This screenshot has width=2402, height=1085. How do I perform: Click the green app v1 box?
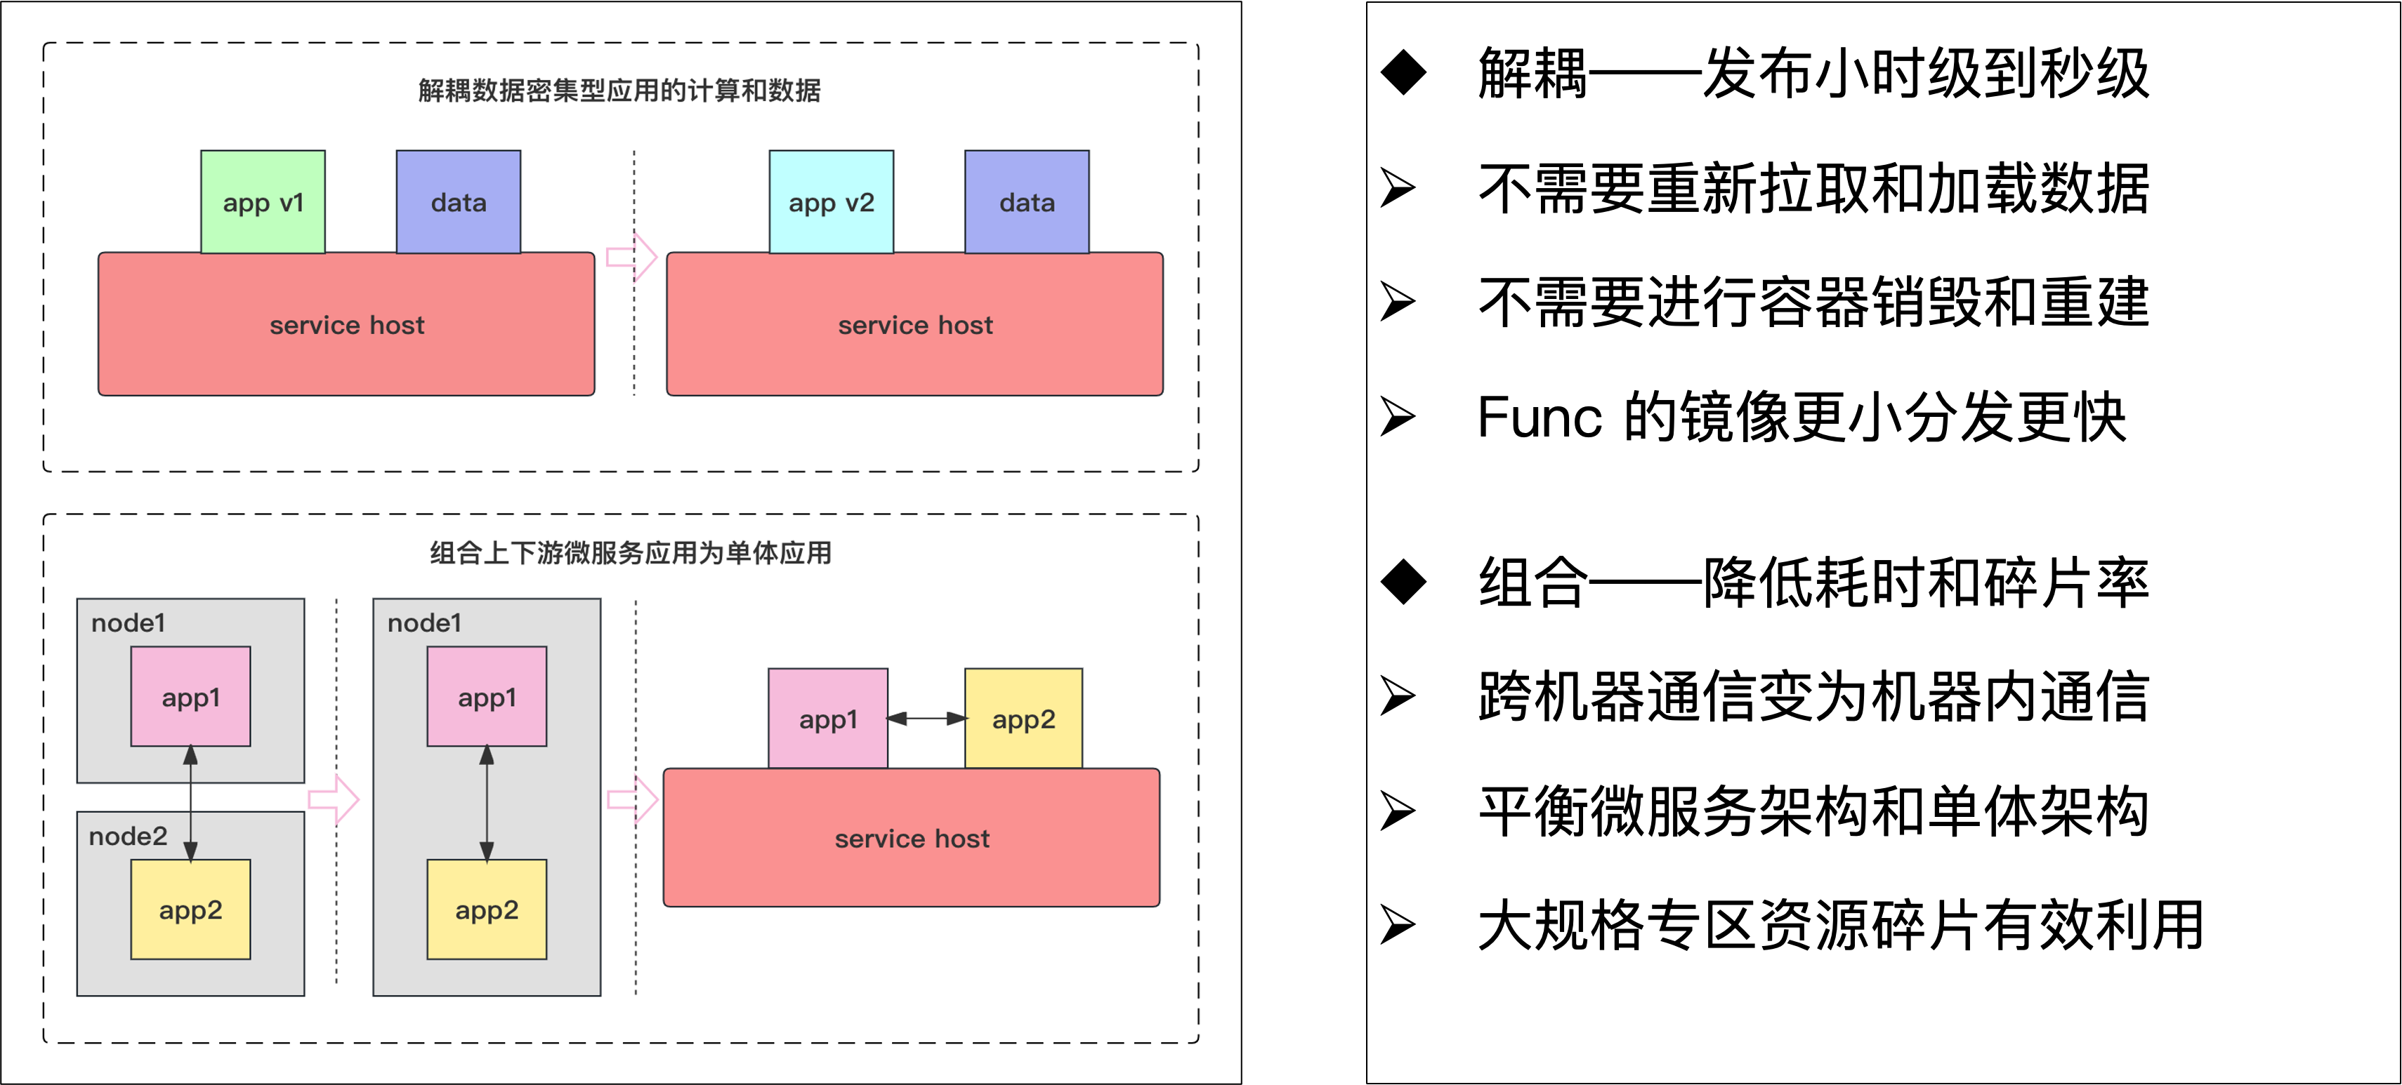point(263,201)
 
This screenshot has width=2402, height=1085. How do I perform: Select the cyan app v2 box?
point(831,201)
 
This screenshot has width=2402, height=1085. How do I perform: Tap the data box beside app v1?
point(458,201)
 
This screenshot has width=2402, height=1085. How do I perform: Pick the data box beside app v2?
point(1027,201)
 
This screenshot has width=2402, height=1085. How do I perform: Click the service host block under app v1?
point(346,324)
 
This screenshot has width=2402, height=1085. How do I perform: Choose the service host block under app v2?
point(914,324)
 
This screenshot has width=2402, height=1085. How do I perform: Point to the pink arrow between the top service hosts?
point(632,256)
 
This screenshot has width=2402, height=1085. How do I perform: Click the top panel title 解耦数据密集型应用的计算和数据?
point(619,91)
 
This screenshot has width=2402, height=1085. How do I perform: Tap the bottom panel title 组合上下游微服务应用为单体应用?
point(630,553)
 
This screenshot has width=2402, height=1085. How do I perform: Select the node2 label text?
point(128,836)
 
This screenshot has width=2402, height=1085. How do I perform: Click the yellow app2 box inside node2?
point(190,909)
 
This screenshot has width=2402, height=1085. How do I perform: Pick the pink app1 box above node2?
point(190,696)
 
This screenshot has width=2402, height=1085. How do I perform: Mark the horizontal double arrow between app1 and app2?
point(926,719)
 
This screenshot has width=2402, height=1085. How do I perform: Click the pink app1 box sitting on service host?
point(828,719)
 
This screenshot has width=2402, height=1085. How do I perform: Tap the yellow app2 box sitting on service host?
point(1023,719)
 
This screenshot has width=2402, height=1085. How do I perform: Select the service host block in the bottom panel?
point(911,838)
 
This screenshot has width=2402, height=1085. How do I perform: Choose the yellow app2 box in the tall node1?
point(487,909)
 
